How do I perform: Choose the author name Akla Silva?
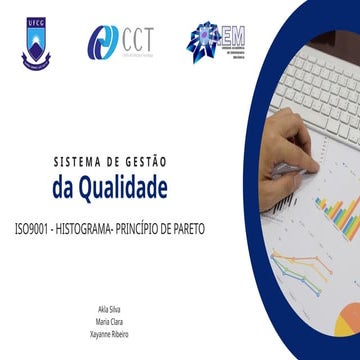click(107, 312)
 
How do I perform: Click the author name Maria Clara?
click(107, 322)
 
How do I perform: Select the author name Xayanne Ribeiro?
click(107, 332)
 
